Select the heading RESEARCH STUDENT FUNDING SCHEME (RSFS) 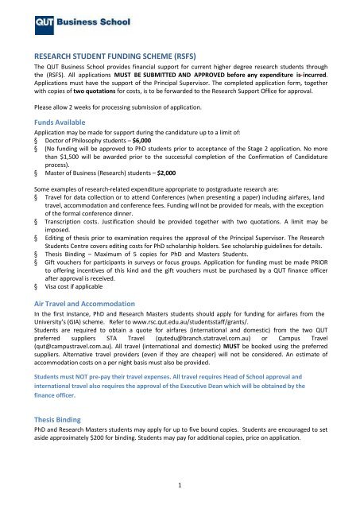pos(121,57)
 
